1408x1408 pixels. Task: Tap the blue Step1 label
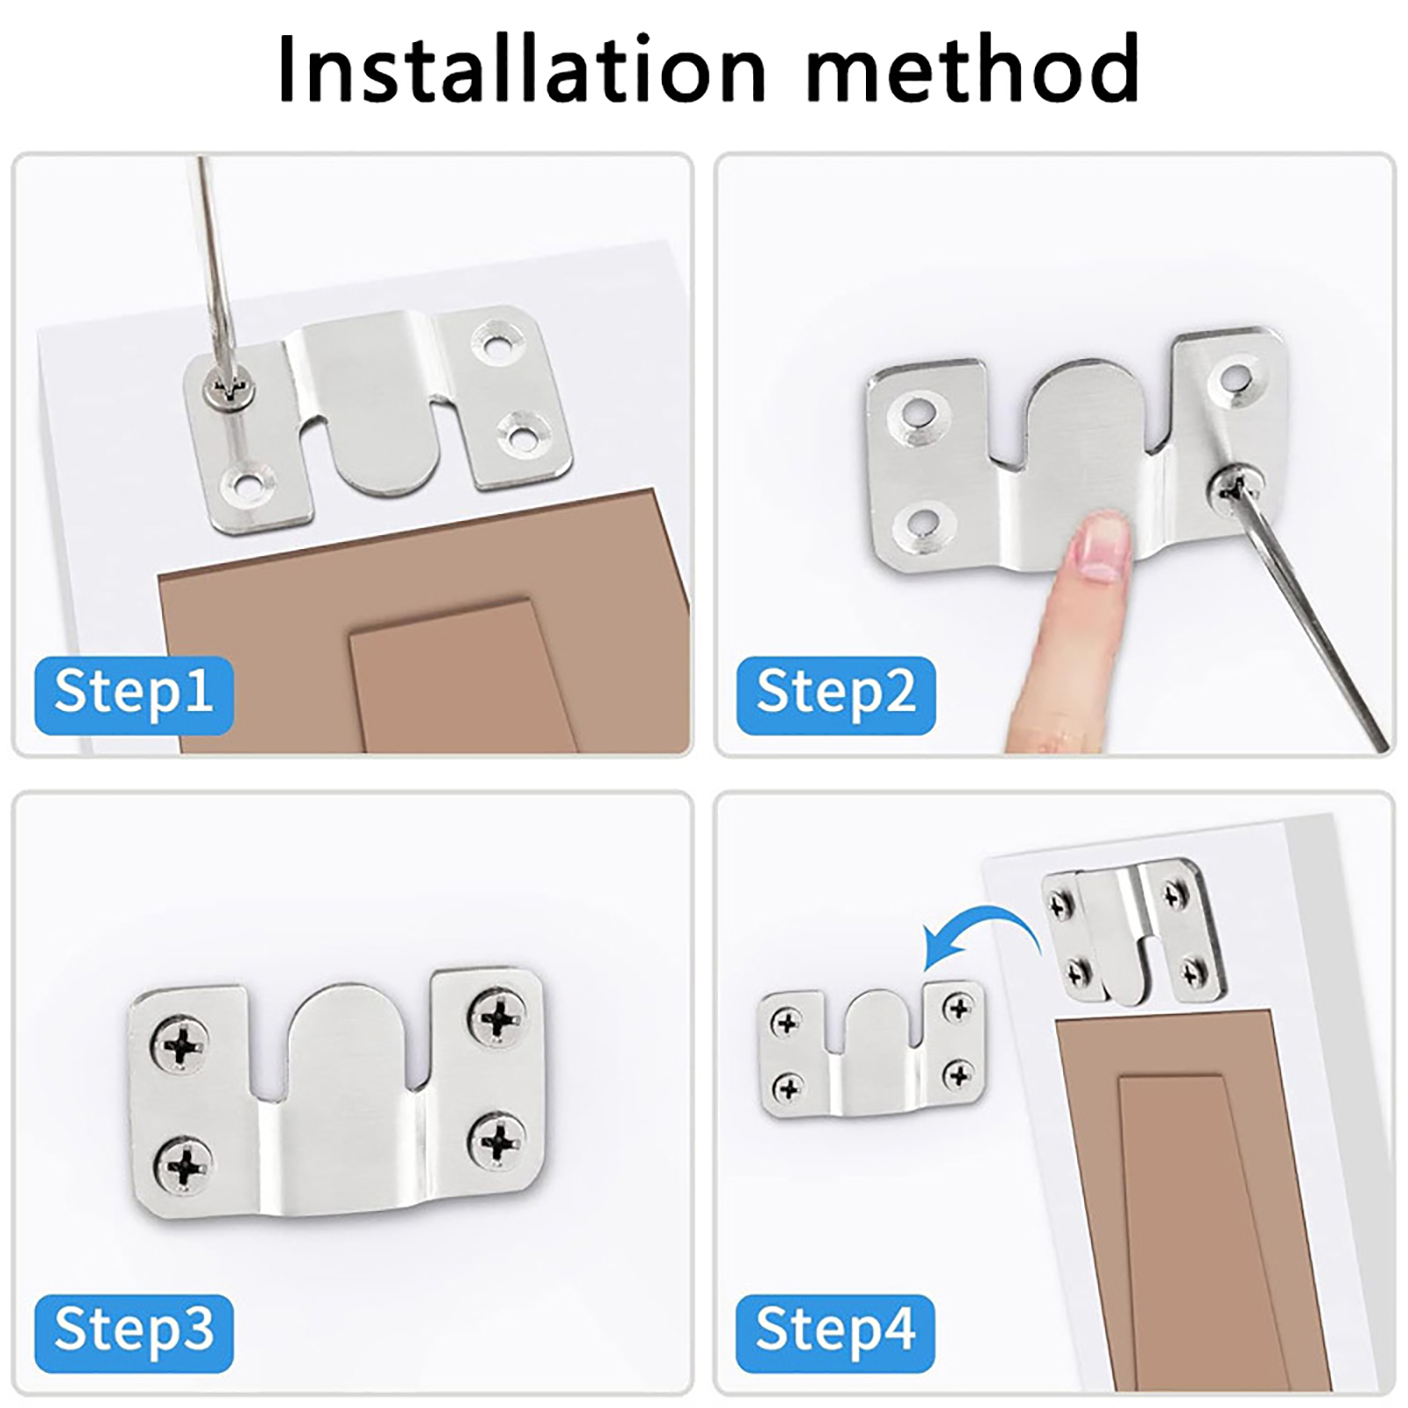[134, 694]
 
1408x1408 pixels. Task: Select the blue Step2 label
[836, 694]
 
